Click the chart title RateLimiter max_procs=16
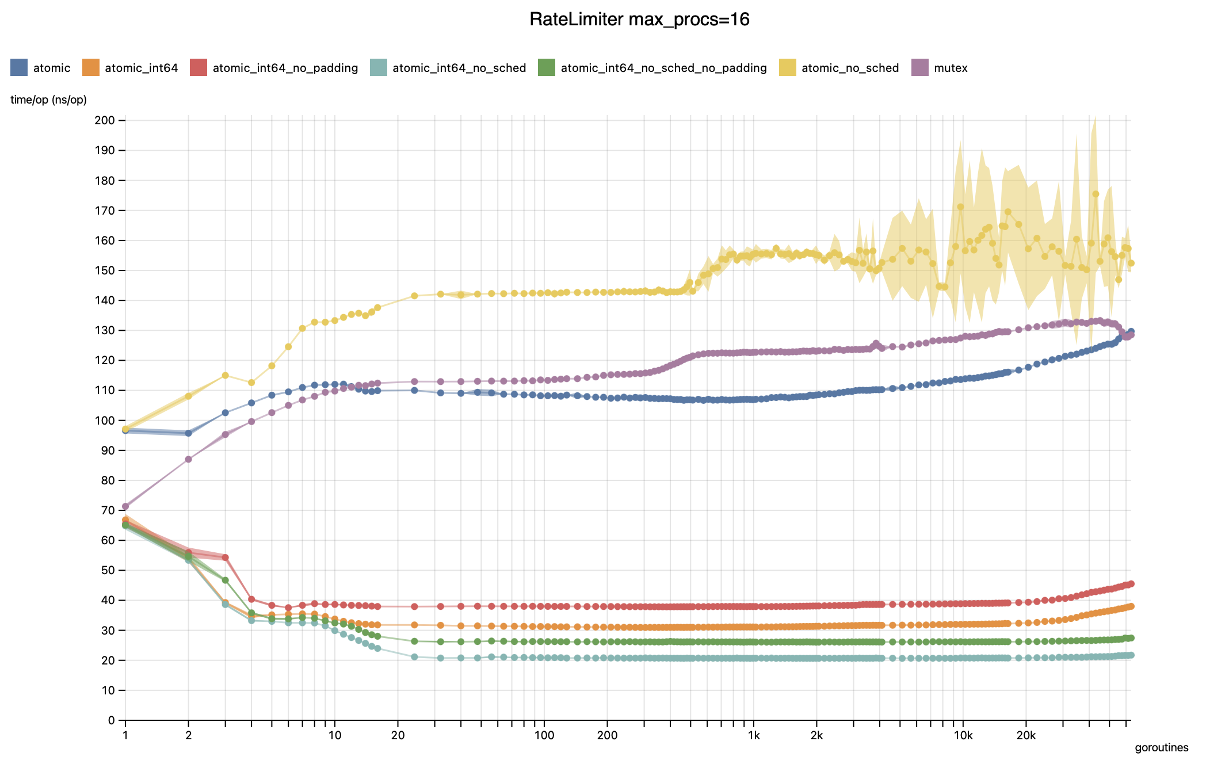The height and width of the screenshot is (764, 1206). point(639,20)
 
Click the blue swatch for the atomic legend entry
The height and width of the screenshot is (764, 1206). point(19,68)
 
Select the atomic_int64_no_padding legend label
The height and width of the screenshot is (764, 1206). point(285,68)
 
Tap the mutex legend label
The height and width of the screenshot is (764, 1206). point(951,68)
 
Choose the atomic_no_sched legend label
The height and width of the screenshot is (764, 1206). point(850,68)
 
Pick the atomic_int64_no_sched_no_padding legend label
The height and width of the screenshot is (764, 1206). point(663,68)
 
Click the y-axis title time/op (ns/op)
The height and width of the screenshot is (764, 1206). point(48,100)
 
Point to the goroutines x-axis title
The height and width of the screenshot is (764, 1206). point(1161,747)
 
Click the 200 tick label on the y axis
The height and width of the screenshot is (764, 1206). point(106,120)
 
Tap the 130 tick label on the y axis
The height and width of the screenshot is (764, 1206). point(106,330)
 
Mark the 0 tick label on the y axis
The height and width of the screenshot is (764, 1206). point(112,720)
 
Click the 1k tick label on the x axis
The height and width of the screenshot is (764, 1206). point(753,735)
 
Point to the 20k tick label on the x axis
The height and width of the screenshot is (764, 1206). point(1025,735)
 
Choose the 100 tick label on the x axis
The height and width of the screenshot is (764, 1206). point(544,735)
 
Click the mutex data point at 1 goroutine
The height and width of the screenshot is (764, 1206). point(125,506)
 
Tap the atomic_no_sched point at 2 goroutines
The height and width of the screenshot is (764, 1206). point(188,396)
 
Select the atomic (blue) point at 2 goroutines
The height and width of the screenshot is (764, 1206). point(188,433)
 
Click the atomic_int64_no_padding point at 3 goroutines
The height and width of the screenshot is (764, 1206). point(225,557)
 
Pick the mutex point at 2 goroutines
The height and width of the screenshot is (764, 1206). point(188,459)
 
